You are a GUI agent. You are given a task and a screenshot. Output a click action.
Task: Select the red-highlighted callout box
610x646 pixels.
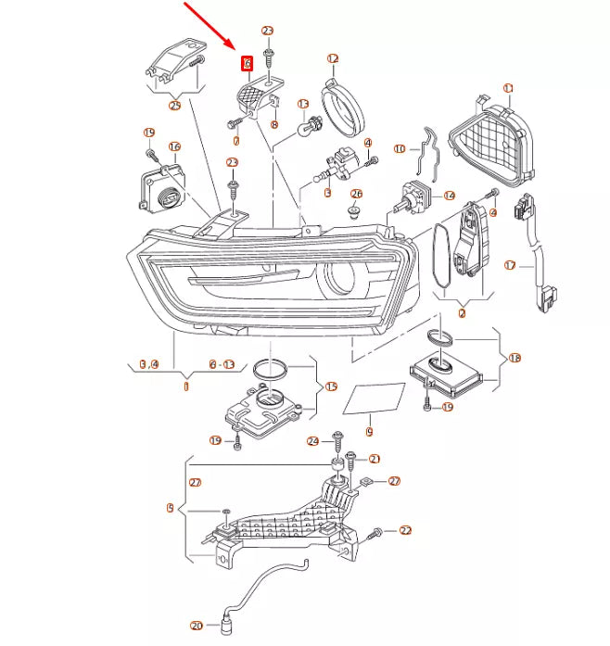click(247, 64)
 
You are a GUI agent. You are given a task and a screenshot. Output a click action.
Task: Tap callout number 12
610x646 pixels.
click(333, 58)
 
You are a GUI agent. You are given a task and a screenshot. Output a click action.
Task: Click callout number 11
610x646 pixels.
click(508, 88)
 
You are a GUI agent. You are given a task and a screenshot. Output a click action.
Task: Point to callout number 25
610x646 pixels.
click(174, 106)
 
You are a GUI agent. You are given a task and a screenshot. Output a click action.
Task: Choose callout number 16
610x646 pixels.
click(174, 146)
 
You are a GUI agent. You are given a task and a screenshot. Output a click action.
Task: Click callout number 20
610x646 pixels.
click(196, 626)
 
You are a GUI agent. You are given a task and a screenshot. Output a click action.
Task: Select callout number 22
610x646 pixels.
click(405, 530)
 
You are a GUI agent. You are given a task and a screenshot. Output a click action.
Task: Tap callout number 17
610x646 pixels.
click(509, 265)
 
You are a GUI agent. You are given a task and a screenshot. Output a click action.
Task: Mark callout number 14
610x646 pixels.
click(450, 196)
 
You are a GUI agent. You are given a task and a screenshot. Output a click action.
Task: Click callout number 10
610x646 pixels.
click(400, 148)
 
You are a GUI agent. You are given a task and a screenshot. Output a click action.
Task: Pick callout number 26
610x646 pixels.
click(357, 194)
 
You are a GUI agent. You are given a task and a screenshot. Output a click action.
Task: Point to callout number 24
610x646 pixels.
click(313, 441)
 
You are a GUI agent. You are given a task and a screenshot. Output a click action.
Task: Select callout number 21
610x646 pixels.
click(375, 459)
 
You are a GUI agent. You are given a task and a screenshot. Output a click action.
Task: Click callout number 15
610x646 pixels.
click(331, 386)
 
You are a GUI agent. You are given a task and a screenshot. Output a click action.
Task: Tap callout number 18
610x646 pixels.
click(515, 357)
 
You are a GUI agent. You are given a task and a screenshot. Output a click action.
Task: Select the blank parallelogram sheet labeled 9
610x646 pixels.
click(375, 399)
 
